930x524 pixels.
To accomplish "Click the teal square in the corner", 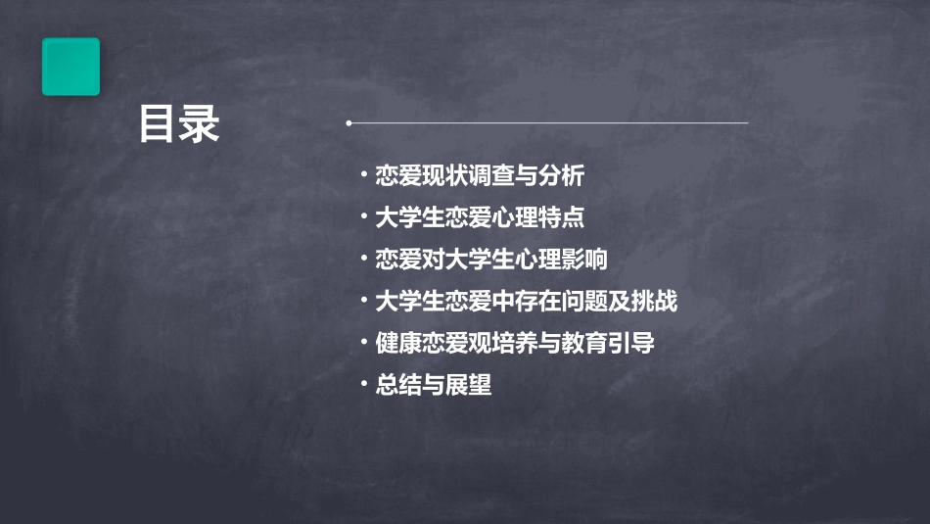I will [70, 67].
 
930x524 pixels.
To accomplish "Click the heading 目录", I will [178, 124].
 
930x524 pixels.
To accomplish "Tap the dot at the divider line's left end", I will [349, 123].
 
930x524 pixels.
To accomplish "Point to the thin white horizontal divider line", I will [548, 123].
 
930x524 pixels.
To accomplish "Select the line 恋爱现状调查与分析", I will [480, 176].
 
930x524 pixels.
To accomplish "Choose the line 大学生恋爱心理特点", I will [480, 217].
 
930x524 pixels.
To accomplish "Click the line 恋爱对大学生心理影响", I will [490, 260].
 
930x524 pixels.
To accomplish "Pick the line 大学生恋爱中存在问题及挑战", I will [526, 301].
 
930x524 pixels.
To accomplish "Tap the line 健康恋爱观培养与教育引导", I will [514, 343].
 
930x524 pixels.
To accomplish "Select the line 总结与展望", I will [433, 385].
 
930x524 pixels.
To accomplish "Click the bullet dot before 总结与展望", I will [363, 385].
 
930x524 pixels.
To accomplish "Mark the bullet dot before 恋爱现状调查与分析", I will [363, 176].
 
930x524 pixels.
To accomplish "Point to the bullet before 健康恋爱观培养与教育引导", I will [363, 343].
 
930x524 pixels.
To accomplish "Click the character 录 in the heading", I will [200, 124].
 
